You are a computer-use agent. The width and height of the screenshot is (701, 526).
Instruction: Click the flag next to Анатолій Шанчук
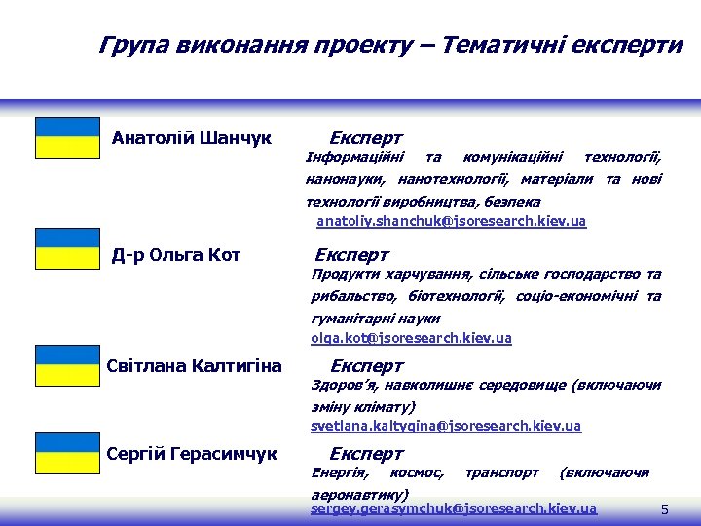pyautogui.click(x=67, y=137)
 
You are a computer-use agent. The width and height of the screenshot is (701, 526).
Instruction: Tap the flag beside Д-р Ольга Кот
pyautogui.click(x=67, y=249)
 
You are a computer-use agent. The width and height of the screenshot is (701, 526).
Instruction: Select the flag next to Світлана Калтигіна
pyautogui.click(x=67, y=366)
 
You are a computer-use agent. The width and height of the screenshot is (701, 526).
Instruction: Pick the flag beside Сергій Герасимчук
pyautogui.click(x=67, y=454)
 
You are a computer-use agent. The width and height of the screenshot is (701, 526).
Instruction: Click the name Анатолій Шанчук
pyautogui.click(x=192, y=137)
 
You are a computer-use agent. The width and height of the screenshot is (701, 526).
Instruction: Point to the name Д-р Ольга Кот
pyautogui.click(x=176, y=255)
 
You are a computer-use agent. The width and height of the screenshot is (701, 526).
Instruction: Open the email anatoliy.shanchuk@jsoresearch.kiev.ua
pyautogui.click(x=452, y=222)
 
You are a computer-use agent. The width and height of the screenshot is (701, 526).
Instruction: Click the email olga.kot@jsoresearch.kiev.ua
pyautogui.click(x=411, y=338)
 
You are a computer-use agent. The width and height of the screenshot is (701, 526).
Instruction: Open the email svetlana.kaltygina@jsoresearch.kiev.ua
pyautogui.click(x=446, y=426)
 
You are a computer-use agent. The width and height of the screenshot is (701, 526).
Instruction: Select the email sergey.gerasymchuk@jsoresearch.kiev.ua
pyautogui.click(x=454, y=508)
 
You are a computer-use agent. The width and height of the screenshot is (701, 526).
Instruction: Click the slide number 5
pyautogui.click(x=664, y=509)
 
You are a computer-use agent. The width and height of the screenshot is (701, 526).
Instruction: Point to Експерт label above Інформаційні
pyautogui.click(x=366, y=138)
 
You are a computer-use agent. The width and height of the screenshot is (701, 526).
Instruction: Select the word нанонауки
pyautogui.click(x=344, y=179)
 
